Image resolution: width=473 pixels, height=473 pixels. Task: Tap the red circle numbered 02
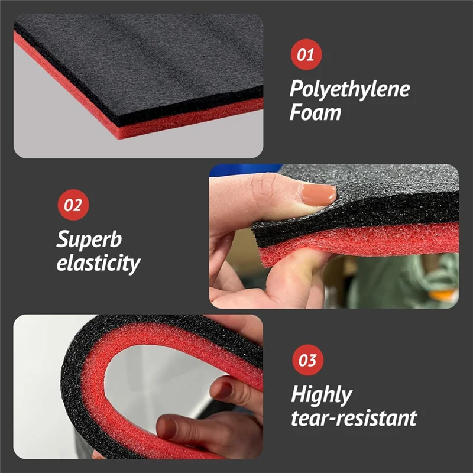tap(73, 205)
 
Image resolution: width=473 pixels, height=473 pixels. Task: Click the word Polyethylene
tap(349, 90)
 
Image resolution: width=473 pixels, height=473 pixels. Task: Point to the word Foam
tap(315, 112)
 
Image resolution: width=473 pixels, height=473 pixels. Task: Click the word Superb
tap(89, 239)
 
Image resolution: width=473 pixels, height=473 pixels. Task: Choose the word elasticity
tap(98, 263)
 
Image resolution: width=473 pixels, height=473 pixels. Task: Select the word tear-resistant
tap(354, 417)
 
